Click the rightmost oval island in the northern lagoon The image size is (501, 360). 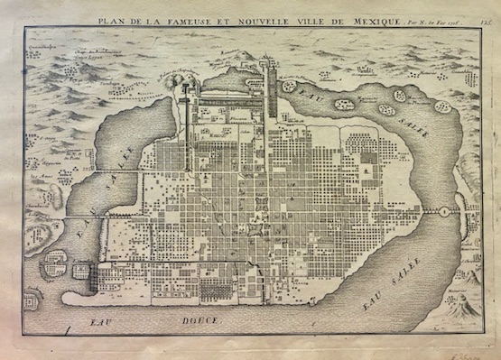point(442,107)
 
